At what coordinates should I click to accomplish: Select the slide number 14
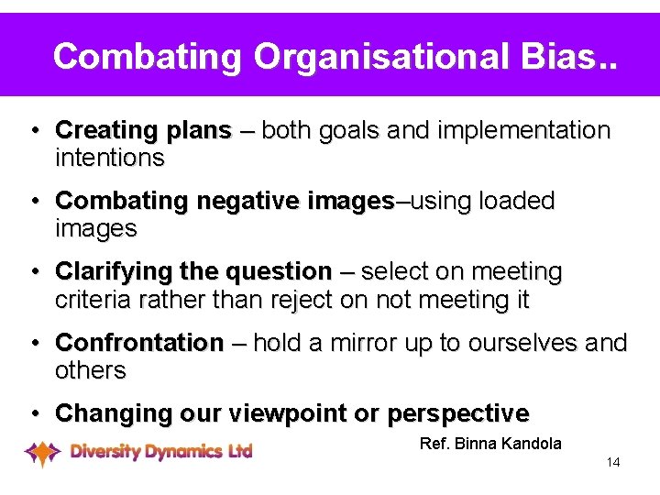click(x=613, y=462)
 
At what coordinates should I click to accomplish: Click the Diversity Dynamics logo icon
click(x=42, y=452)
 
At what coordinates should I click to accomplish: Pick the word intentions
click(x=110, y=159)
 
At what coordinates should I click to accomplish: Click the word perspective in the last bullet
click(x=457, y=413)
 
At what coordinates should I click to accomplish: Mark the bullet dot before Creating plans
click(x=33, y=131)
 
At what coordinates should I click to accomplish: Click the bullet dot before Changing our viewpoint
click(x=33, y=413)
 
